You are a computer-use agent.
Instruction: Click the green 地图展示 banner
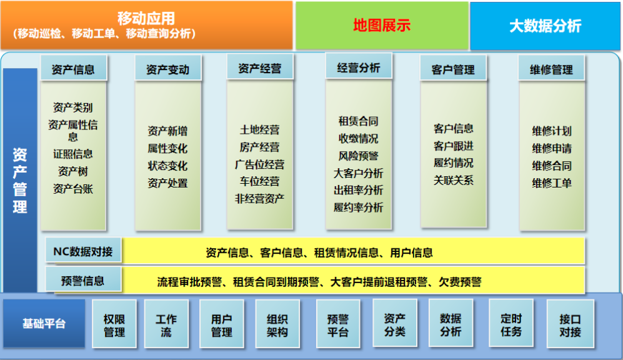click(x=382, y=26)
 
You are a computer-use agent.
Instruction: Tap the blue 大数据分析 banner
click(x=545, y=26)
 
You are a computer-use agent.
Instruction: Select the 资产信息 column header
click(x=74, y=68)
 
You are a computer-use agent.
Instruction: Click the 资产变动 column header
click(x=167, y=68)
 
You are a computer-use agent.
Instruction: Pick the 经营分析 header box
click(x=359, y=66)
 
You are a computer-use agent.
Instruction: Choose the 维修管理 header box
click(x=552, y=68)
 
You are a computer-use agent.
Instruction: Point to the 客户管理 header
click(x=453, y=68)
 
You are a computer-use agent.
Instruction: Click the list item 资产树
click(x=72, y=171)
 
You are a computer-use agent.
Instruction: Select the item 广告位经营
click(x=259, y=164)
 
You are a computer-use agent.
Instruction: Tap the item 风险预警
click(x=359, y=156)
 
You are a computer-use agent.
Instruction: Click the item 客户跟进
click(x=453, y=146)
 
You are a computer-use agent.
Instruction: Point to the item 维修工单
click(x=552, y=182)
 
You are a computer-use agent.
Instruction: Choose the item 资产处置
click(x=167, y=182)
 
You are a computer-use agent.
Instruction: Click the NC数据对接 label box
click(x=84, y=251)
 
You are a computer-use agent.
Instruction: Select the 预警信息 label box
click(x=84, y=280)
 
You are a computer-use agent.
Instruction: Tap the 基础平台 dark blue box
click(x=44, y=324)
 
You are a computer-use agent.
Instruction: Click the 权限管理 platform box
click(x=114, y=324)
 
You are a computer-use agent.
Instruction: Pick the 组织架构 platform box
click(x=277, y=324)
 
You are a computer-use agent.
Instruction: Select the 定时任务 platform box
click(x=511, y=323)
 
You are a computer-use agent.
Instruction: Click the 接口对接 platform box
click(x=570, y=324)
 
